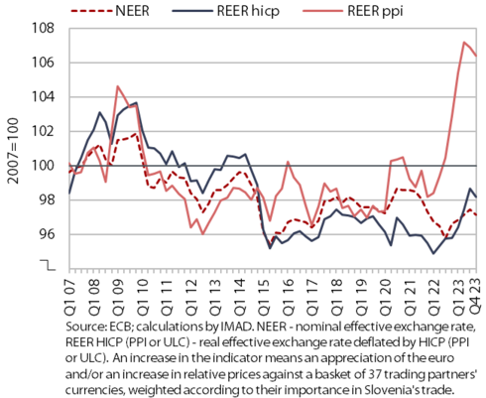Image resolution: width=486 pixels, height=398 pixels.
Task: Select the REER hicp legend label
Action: pos(248,11)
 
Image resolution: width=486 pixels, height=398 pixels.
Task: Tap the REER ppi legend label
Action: pos(376,11)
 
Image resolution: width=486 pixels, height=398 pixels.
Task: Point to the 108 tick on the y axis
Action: pos(43,29)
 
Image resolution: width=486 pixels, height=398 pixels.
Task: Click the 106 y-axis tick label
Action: pos(43,63)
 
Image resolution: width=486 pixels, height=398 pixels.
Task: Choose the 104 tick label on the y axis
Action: pos(43,97)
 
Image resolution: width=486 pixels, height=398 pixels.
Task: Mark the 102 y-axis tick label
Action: pos(43,131)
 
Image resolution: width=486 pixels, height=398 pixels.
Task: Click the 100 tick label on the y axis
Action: pos(43,166)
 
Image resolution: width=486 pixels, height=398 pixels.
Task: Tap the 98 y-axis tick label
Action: pos(47,200)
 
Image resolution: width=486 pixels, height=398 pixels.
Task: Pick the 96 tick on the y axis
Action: pos(47,234)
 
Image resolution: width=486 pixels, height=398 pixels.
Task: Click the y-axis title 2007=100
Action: pos(13,151)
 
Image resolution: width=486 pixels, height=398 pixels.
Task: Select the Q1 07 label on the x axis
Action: pos(69,297)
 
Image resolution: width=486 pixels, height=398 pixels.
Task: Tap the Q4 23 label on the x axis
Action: pos(476,297)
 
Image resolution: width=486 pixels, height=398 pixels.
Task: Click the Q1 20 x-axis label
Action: pos(386,297)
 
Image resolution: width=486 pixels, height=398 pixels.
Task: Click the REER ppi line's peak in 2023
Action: pos(464,42)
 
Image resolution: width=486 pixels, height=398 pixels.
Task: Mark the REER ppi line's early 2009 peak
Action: pos(118,86)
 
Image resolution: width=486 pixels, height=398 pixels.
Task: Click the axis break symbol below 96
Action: pos(48,265)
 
